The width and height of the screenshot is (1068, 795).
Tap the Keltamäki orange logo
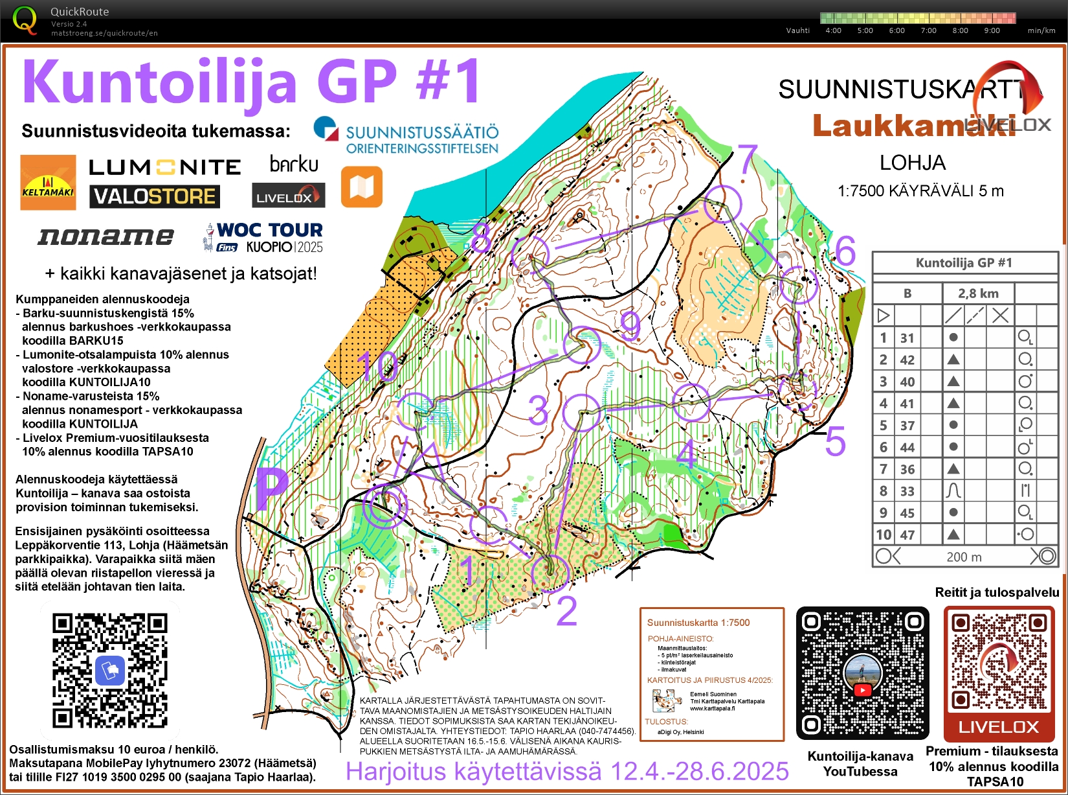[x=48, y=182]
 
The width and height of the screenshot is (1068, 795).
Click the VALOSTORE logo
[x=155, y=196]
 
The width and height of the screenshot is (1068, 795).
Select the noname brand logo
[x=106, y=236]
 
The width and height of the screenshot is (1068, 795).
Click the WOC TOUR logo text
[x=269, y=230]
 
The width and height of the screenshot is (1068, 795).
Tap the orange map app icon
[x=362, y=187]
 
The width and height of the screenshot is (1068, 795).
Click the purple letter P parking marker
[x=272, y=487]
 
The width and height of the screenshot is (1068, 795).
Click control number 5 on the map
[x=835, y=442]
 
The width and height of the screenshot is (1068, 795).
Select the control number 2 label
[x=566, y=611]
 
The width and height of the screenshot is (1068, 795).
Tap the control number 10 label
[x=377, y=366]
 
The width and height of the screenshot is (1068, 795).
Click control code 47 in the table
[x=907, y=535]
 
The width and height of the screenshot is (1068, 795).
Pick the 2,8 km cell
[x=978, y=294]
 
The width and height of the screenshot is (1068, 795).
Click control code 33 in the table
[x=907, y=491]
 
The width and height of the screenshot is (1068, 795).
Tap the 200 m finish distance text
[x=964, y=557]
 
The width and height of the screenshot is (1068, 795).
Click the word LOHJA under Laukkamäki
[x=913, y=163]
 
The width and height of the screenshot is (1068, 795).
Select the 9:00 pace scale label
[x=992, y=30]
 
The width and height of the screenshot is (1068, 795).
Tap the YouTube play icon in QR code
[x=862, y=690]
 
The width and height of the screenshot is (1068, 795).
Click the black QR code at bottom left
[x=109, y=671]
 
